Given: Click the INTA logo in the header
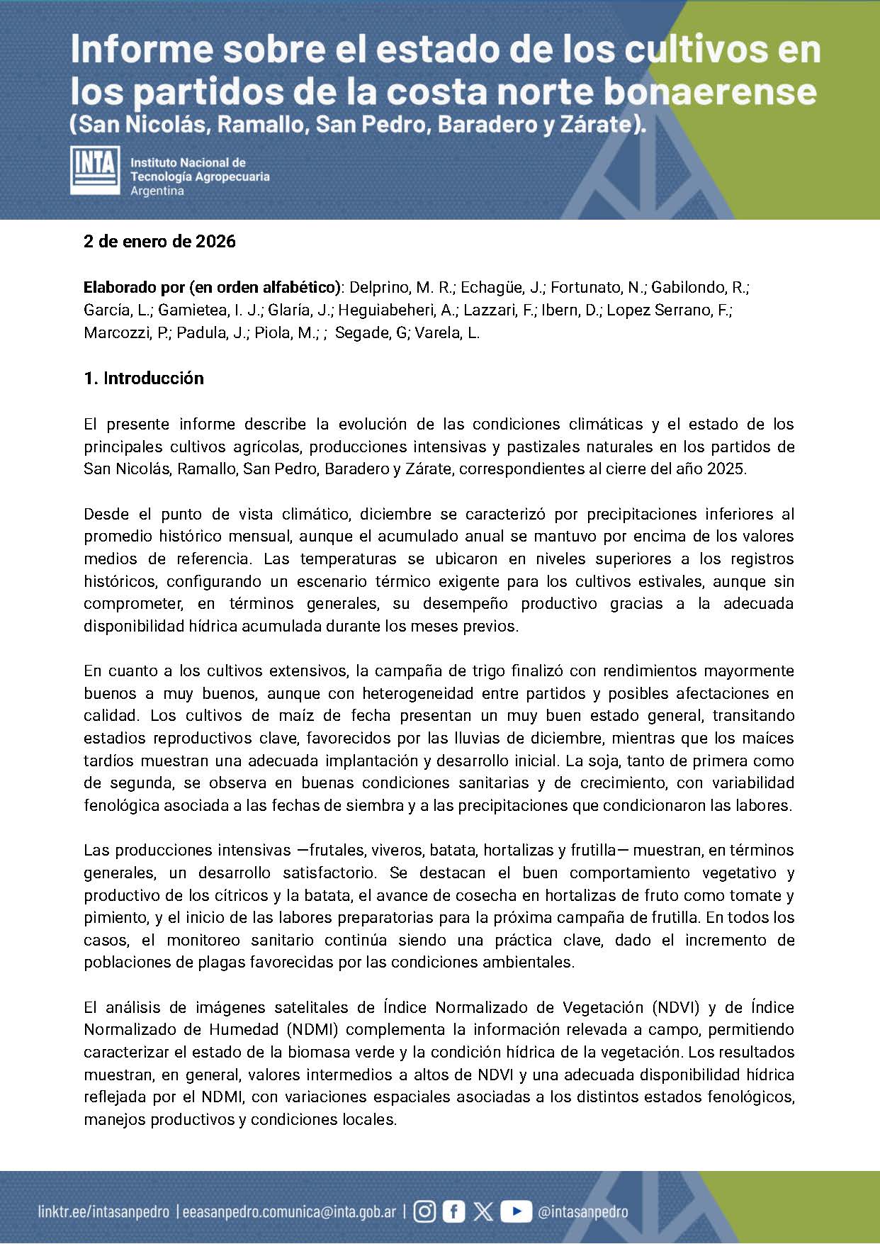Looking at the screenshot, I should [94, 170].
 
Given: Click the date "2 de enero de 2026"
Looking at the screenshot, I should [159, 242].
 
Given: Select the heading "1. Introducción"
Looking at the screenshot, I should [144, 379].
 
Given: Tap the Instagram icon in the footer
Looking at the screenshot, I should [424, 1211].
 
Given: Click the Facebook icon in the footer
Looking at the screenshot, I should [453, 1211].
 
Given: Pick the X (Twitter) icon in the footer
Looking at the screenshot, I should [483, 1211].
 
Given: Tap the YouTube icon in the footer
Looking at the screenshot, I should [516, 1211].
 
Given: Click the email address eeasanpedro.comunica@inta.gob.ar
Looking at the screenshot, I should [289, 1212].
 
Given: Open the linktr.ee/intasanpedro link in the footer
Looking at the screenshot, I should [103, 1212].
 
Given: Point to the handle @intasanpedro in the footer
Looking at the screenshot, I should [582, 1212].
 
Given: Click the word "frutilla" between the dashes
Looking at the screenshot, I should [593, 851].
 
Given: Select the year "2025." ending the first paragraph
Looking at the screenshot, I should [727, 469].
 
